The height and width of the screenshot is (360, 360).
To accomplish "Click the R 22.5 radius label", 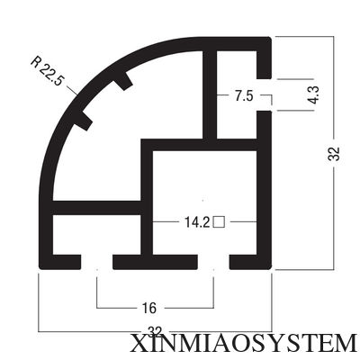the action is [x=48, y=71].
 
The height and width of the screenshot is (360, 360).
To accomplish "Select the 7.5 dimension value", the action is [x=244, y=96].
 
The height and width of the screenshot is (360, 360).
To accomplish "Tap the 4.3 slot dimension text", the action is [x=314, y=95].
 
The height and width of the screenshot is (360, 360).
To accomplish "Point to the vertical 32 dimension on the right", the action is [x=333, y=153].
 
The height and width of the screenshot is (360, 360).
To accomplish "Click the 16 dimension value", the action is [x=149, y=308].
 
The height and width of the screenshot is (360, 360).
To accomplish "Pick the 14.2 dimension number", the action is [x=197, y=222].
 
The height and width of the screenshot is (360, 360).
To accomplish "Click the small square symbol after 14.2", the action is [x=219, y=222].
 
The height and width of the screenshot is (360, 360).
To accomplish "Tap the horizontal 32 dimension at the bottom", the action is [x=155, y=331].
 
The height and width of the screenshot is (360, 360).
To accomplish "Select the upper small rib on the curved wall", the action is [x=124, y=81].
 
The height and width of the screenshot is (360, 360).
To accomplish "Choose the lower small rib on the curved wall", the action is [x=83, y=121].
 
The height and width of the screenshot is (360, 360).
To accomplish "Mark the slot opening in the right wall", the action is [x=264, y=94].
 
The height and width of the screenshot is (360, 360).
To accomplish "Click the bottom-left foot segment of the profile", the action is [x=60, y=262].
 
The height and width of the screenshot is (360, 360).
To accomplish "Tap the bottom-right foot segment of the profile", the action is [x=250, y=262].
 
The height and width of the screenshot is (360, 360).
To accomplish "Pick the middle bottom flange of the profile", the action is [x=155, y=262].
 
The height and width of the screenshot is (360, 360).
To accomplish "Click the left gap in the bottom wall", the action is [x=97, y=262].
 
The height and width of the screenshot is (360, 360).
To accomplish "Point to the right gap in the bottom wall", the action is [x=213, y=262].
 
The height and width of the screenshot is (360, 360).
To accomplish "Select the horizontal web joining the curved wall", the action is [x=96, y=208].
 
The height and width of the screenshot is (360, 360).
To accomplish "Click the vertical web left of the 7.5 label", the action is [x=210, y=94].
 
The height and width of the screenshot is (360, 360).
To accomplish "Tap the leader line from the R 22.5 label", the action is [x=72, y=91].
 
